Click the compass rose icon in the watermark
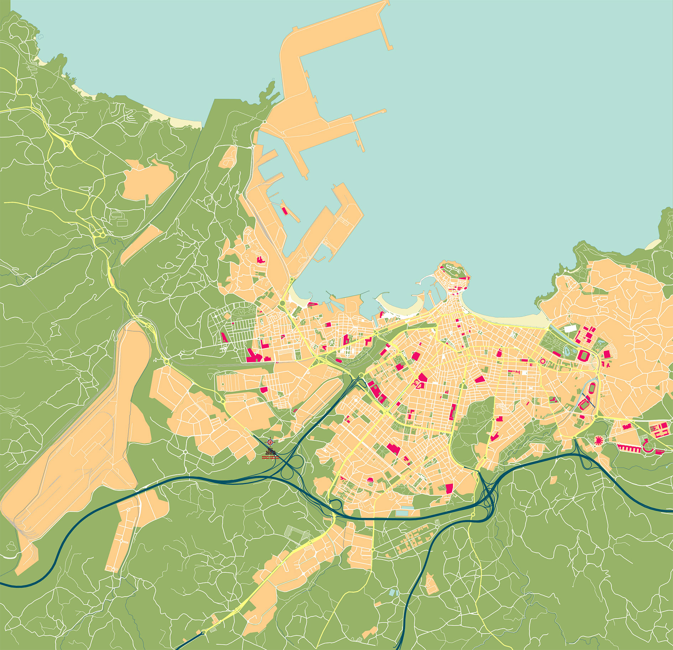pos(271,442)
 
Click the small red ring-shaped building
pos(542,361)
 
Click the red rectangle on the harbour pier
pos(285,210)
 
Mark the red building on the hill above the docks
pos(261,259)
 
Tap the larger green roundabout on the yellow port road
pos(282,303)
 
